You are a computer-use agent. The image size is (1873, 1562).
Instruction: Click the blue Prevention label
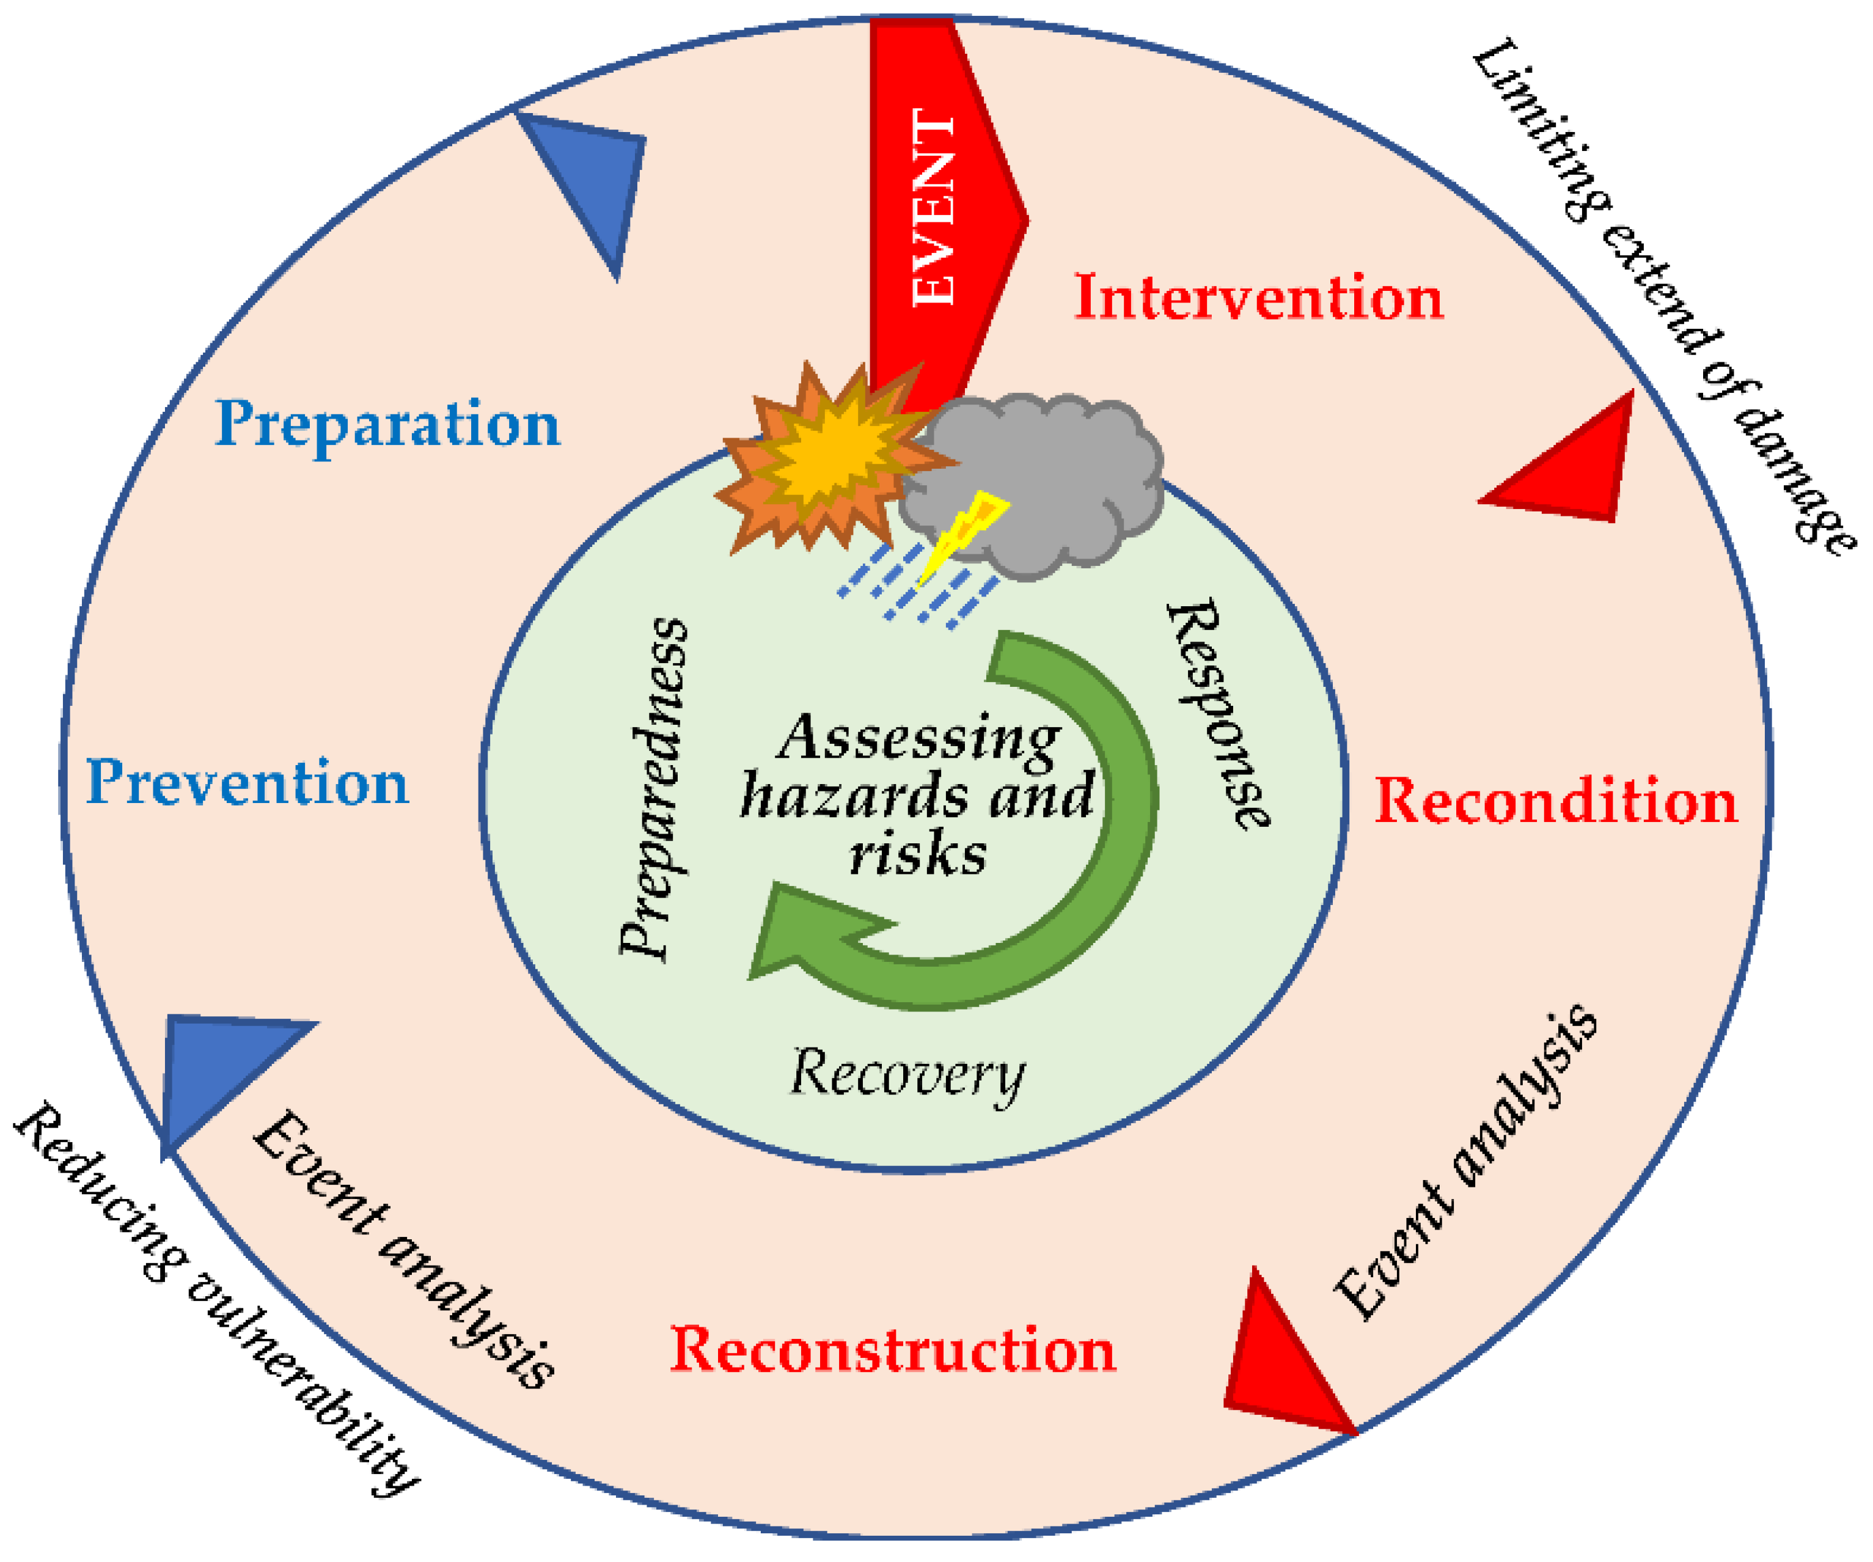[247, 783]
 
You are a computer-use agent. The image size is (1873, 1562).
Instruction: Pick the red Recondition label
[1556, 801]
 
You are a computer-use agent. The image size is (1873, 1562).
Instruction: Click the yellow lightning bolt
[963, 535]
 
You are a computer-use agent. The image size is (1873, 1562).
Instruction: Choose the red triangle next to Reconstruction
[1275, 1365]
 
